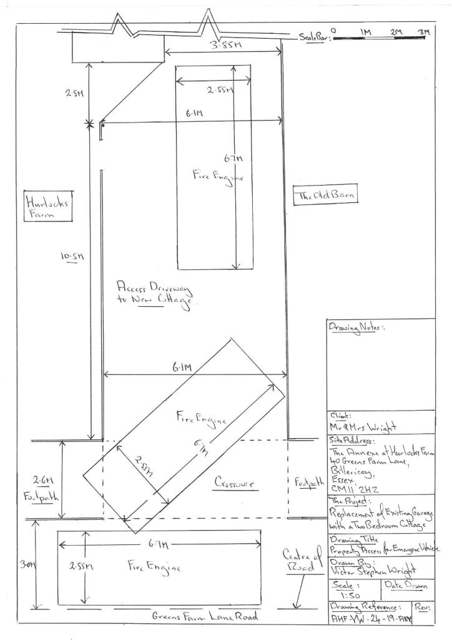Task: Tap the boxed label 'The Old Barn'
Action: point(325,196)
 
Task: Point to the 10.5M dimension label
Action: point(73,256)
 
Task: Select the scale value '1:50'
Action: point(344,596)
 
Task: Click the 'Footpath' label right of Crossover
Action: point(308,482)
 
